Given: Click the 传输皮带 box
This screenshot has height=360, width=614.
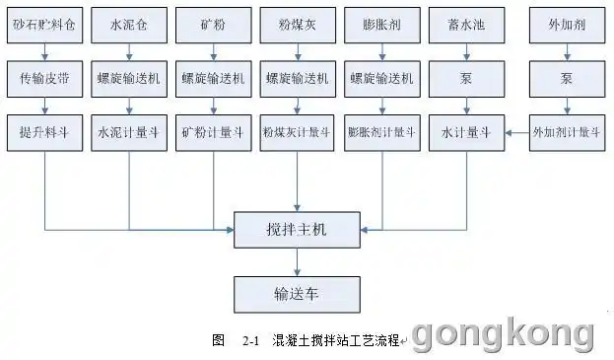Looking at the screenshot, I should coord(44,76).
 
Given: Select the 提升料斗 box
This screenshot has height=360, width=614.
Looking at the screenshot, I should coord(44,131).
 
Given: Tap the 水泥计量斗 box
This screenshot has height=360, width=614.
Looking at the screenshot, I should coord(129,131).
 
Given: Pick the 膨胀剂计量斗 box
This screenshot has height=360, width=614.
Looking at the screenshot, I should coord(381,131).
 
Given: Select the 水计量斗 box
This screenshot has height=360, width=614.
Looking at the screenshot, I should coord(465,131).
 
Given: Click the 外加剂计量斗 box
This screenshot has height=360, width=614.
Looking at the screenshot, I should coord(566,131).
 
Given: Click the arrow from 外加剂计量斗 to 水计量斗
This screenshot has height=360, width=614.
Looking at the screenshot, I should coord(515,131).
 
